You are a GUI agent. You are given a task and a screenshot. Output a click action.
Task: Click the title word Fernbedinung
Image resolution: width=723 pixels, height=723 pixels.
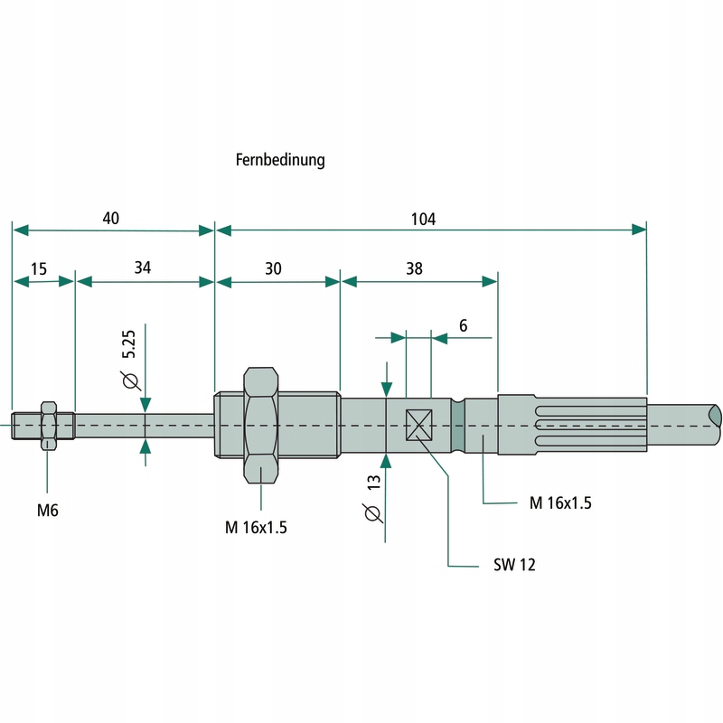[280, 160]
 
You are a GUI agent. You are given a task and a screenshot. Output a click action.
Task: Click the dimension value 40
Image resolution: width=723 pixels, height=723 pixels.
[111, 219]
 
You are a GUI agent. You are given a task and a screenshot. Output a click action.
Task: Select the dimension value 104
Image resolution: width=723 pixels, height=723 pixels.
[423, 219]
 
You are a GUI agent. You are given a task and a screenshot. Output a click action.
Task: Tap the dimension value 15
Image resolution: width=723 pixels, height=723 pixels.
[39, 268]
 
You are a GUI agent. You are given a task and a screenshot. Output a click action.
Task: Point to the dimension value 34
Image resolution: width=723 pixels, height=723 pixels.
[143, 268]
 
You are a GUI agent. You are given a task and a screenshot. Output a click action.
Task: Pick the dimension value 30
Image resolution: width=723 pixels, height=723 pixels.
[273, 268]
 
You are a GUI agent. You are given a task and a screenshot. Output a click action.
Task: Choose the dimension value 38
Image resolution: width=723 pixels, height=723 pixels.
[414, 268]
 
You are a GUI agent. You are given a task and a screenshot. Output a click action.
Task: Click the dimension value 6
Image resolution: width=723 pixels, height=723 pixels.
[463, 325]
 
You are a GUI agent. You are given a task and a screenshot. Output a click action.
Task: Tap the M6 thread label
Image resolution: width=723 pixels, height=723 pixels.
[48, 511]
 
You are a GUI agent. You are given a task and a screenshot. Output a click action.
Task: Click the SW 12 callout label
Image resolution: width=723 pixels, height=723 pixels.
[515, 566]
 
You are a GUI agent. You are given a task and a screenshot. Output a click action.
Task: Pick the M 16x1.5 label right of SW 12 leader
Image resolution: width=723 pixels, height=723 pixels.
[560, 502]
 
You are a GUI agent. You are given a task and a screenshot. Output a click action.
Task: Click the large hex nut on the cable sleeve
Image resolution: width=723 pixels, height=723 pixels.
[260, 426]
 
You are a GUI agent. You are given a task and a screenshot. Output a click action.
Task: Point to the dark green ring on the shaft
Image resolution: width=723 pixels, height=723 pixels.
[458, 426]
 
